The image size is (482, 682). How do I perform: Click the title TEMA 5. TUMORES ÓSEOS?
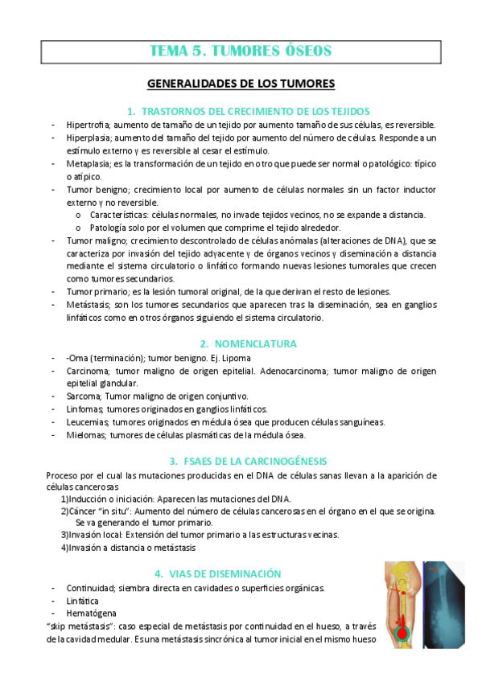click(241, 51)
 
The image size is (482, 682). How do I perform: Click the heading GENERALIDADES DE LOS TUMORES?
click(241, 84)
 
